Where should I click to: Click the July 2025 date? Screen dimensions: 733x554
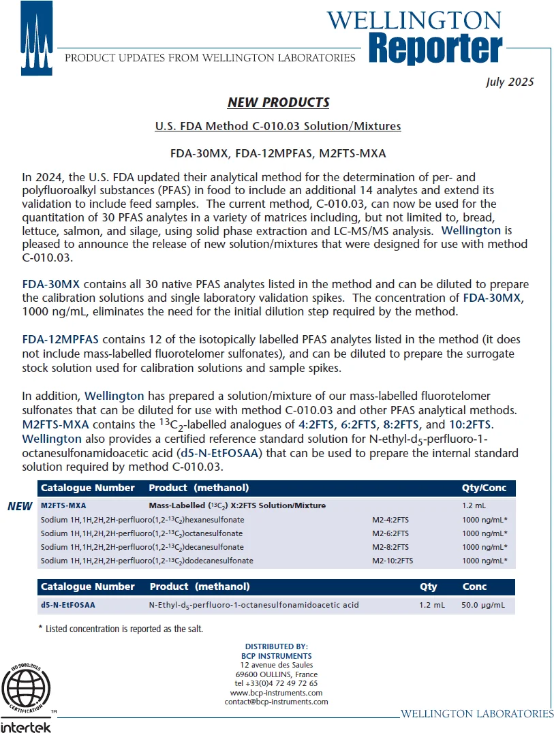click(x=510, y=82)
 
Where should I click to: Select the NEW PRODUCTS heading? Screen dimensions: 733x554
click(x=278, y=102)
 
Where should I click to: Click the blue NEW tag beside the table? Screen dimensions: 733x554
click(x=20, y=506)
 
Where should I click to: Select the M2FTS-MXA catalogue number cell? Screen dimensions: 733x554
click(x=63, y=506)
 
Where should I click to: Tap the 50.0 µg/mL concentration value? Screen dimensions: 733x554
click(x=484, y=605)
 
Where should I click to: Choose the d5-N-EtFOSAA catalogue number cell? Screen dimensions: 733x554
click(x=68, y=605)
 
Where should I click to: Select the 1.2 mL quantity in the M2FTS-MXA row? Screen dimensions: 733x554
click(x=475, y=506)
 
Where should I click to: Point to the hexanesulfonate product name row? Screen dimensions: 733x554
click(x=142, y=520)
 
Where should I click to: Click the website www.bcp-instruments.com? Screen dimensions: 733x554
click(x=276, y=692)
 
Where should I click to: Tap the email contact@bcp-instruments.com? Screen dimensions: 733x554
click(x=276, y=702)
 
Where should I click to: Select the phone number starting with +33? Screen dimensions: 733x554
click(x=276, y=683)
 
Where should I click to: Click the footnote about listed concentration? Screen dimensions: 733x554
click(x=121, y=629)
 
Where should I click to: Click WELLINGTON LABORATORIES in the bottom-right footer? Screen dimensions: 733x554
click(x=477, y=714)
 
